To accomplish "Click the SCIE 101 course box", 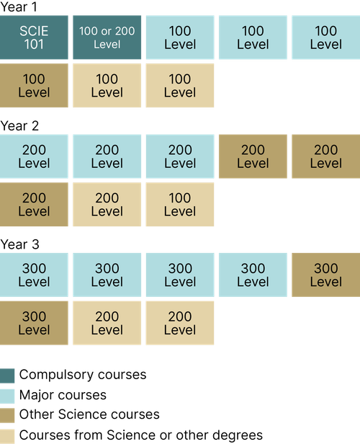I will pos(35,37).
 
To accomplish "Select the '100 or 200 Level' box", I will pos(107,37).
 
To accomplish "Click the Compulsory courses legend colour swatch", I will pos(9,376).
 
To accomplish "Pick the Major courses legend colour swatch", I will pos(9,396).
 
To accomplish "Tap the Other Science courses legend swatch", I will pos(9,415).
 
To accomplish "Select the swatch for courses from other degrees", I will pos(9,435).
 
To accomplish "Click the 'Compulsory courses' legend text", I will pos(82,376).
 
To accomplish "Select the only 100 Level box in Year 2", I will pos(180,204).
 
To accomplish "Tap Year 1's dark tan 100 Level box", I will pos(35,86).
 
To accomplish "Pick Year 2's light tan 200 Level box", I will pos(107,204).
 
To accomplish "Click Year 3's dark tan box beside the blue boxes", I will pos(325,275).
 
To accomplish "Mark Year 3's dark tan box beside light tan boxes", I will pos(35,322).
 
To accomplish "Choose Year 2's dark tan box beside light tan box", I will pos(35,204).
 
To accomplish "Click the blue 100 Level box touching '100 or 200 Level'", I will pos(180,37).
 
